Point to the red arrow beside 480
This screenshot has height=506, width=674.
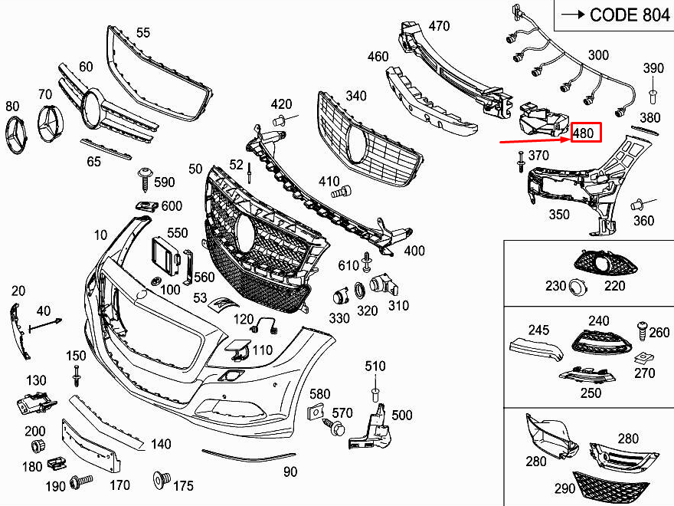(533, 140)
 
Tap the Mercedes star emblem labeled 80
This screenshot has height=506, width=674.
(20, 138)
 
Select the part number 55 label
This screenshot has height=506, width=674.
(143, 32)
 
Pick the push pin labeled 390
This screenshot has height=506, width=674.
(653, 95)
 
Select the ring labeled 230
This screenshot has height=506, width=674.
(577, 286)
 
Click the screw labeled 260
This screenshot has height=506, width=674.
(641, 331)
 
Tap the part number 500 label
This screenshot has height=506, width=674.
(401, 416)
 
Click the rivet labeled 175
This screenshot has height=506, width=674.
(162, 479)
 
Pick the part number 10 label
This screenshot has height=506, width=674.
(101, 234)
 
